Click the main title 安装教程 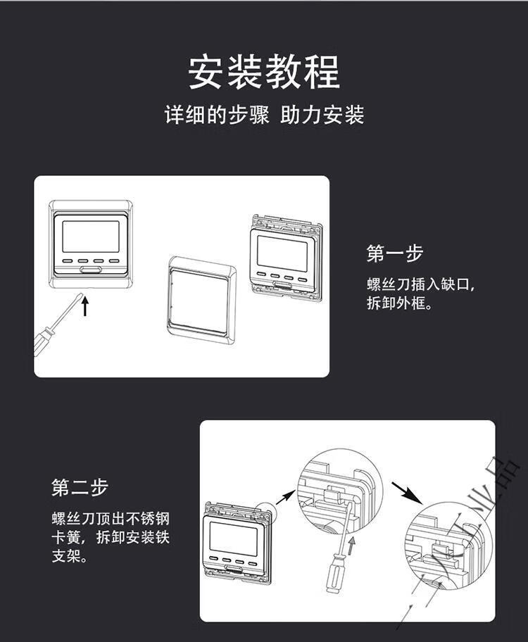(264, 72)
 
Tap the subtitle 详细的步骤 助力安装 (264, 114)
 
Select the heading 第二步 (80, 487)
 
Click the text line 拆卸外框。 (400, 303)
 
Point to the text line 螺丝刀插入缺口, (421, 284)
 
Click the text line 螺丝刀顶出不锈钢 (111, 519)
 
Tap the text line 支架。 (70, 556)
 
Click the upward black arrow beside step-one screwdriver (85, 306)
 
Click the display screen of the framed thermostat (91, 237)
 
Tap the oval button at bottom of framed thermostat (91, 270)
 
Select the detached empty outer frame (201, 300)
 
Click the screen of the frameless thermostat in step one (282, 254)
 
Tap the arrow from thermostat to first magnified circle (285, 498)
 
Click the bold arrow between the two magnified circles (407, 493)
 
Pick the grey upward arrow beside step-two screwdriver (351, 546)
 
